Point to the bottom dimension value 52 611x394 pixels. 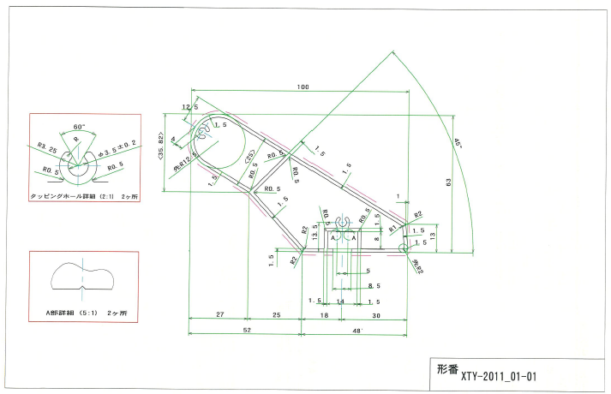click(x=247, y=329)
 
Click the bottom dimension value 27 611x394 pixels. click(x=220, y=315)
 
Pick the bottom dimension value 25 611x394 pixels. click(x=276, y=315)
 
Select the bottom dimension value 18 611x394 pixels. click(x=324, y=315)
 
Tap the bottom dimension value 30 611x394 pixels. click(x=376, y=315)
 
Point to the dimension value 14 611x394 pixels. click(x=340, y=301)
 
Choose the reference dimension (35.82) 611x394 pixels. click(x=160, y=149)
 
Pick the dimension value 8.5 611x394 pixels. click(x=374, y=285)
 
